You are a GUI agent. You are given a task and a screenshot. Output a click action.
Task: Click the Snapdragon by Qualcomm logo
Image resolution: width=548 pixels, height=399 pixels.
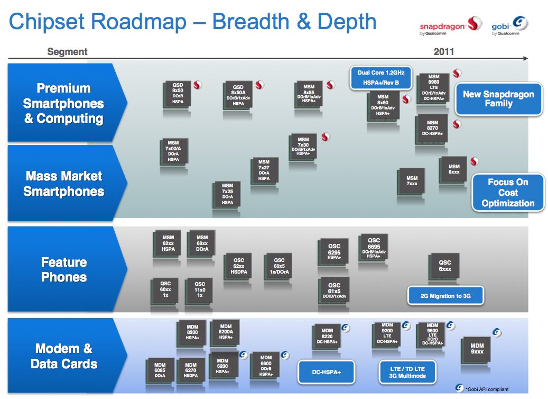[449, 26]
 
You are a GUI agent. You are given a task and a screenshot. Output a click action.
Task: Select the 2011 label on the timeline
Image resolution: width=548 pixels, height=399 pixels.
[444, 52]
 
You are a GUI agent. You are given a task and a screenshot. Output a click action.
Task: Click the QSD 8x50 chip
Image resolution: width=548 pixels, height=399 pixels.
[178, 94]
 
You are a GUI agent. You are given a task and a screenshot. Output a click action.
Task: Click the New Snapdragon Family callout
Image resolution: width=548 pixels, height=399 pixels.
[498, 99]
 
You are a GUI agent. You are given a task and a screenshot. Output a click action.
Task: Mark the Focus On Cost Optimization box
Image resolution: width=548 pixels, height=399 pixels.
[508, 193]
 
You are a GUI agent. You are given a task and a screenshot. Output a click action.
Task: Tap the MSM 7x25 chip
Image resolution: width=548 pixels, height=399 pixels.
[227, 194]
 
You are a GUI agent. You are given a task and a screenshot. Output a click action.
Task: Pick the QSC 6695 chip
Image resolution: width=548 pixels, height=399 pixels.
[373, 247]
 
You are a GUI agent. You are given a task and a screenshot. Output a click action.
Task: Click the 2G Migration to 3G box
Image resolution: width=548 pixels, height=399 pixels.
[445, 296]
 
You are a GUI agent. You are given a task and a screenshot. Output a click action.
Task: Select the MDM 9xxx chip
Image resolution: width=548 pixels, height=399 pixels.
[477, 349]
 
